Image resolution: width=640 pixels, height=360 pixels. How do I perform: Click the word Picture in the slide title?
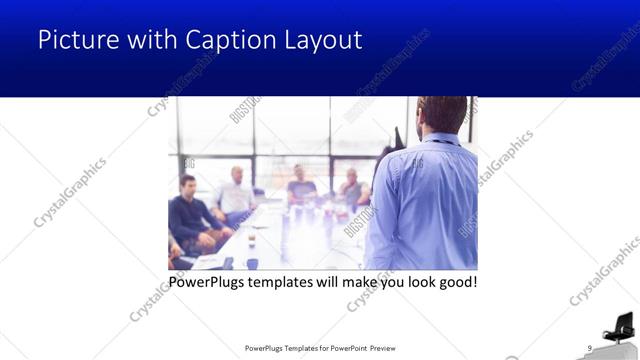72,40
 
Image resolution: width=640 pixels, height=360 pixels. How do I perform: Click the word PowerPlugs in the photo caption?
208,282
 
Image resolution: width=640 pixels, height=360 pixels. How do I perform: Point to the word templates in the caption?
290,282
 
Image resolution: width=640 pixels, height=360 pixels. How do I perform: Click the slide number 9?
590,347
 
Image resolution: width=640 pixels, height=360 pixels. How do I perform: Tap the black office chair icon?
619,327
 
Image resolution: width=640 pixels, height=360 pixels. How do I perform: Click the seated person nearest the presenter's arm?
352,190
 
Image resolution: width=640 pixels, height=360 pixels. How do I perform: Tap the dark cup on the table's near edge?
251,263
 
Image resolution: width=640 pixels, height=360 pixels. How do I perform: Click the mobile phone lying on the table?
228,262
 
